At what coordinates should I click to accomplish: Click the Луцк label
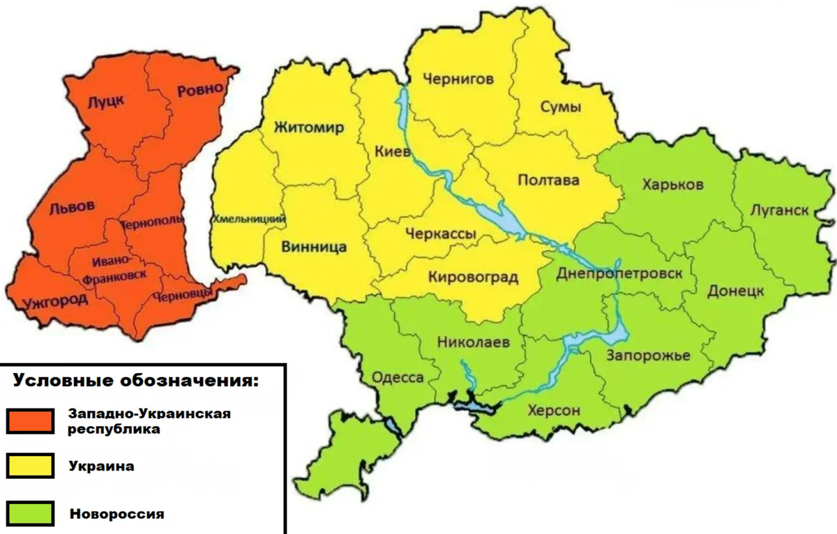click(x=105, y=102)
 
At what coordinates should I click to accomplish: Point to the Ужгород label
click(x=46, y=300)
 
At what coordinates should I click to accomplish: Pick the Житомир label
click(x=309, y=128)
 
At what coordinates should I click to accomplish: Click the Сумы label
click(x=561, y=107)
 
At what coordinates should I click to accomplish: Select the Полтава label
click(x=548, y=181)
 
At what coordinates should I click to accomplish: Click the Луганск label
click(x=780, y=210)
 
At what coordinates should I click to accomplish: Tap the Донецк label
click(x=736, y=290)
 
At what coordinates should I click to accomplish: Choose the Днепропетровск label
click(x=619, y=273)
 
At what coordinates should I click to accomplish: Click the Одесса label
click(x=398, y=377)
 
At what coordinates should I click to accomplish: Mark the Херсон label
click(x=554, y=410)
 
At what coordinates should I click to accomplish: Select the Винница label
click(x=315, y=247)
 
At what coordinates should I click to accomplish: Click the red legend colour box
click(x=31, y=421)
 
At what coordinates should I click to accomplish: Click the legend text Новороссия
click(x=116, y=514)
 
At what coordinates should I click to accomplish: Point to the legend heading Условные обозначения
click(x=136, y=382)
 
